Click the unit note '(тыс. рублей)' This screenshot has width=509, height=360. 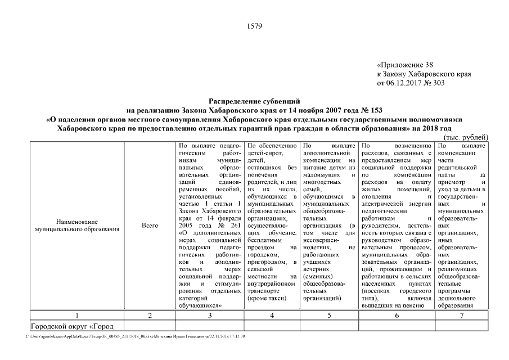tap(466, 137)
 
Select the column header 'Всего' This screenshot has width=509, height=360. tap(150, 226)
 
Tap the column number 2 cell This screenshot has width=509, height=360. tap(150, 316)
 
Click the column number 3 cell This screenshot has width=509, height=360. tap(210, 316)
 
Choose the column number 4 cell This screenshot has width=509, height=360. tap(272, 316)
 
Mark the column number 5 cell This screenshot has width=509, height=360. tap(329, 316)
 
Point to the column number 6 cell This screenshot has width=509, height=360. tap(397, 316)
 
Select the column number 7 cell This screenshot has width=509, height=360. tap(461, 316)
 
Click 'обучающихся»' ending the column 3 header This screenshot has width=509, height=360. tap(200, 305)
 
